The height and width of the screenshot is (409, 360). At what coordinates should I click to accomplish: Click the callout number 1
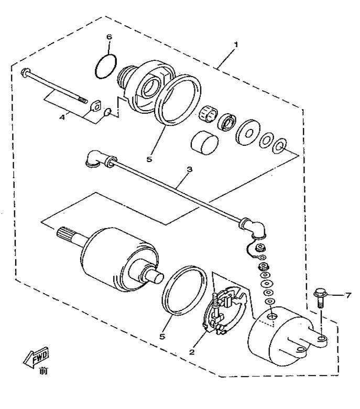[236, 45]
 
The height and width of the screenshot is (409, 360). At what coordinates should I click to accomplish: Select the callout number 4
[62, 117]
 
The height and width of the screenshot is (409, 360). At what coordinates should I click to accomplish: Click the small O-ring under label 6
[106, 67]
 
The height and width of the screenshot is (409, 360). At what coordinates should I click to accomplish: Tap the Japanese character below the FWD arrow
[42, 372]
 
